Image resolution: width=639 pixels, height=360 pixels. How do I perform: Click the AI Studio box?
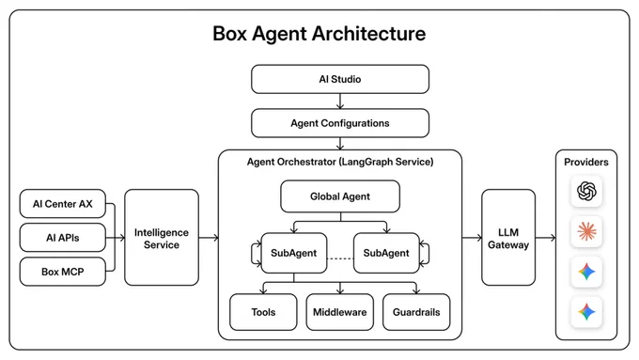pyautogui.click(x=340, y=79)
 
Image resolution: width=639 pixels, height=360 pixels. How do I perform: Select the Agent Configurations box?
pyautogui.click(x=340, y=123)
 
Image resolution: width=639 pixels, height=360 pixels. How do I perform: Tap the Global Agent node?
pyautogui.click(x=340, y=196)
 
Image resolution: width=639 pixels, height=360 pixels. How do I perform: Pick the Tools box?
pyautogui.click(x=263, y=312)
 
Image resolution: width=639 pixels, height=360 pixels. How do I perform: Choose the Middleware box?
pyautogui.click(x=340, y=312)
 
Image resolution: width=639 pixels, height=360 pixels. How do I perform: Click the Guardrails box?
pyautogui.click(x=416, y=312)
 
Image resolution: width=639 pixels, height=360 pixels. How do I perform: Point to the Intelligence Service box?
pyautogui.click(x=162, y=237)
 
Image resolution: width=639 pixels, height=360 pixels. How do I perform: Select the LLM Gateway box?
pyautogui.click(x=508, y=237)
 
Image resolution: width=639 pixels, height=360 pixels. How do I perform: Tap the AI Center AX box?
pyautogui.click(x=63, y=203)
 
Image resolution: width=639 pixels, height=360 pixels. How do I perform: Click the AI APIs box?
pyautogui.click(x=63, y=237)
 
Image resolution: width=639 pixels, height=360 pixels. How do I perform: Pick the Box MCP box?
pyautogui.click(x=63, y=272)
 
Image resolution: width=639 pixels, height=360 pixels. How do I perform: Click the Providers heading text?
pyautogui.click(x=586, y=162)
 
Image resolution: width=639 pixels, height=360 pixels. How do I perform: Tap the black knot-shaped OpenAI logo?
pyautogui.click(x=586, y=191)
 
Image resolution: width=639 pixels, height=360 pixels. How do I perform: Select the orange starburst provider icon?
pyautogui.click(x=586, y=231)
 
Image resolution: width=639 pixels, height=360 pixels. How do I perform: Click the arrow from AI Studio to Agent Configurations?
pyautogui.click(x=340, y=102)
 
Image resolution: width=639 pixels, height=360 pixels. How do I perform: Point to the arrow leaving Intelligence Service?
pyautogui.click(x=209, y=237)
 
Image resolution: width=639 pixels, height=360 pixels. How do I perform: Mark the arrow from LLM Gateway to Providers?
pyautogui.click(x=545, y=237)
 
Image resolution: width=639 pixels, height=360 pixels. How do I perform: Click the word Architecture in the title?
pyautogui.click(x=368, y=34)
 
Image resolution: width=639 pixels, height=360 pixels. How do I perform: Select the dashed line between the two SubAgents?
pyautogui.click(x=340, y=258)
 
